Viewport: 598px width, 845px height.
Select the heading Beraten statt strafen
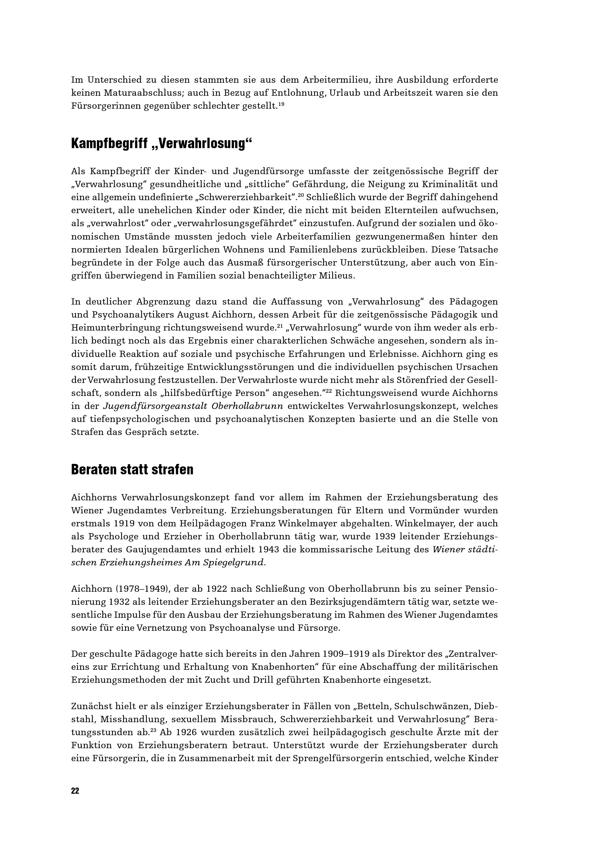tap(132, 470)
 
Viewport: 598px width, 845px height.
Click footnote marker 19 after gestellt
tap(281, 104)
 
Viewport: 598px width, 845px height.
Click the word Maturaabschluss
tap(140, 93)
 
